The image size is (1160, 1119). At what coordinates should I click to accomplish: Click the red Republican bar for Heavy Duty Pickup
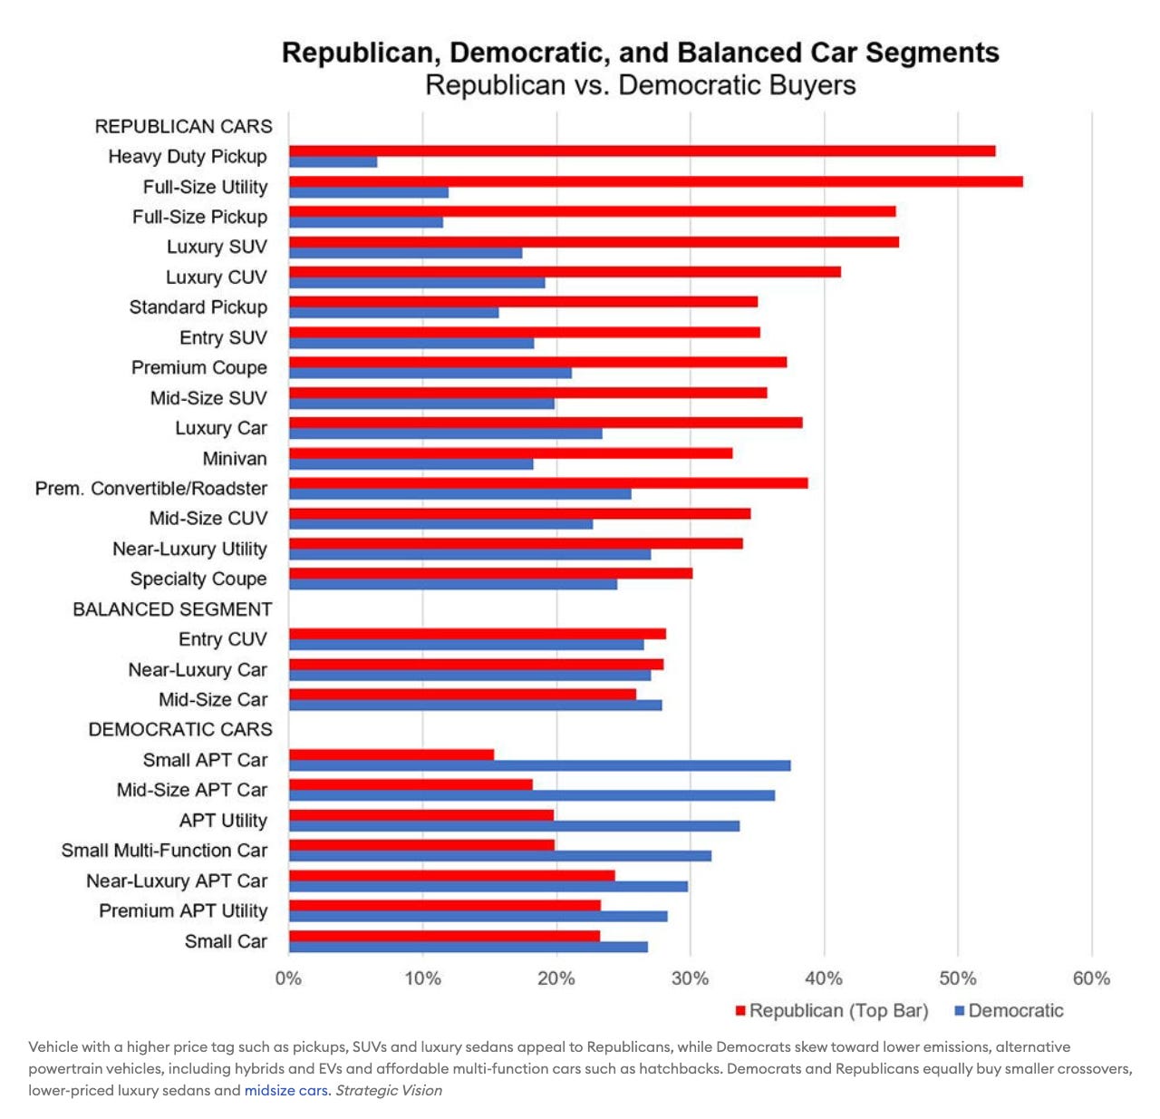642,151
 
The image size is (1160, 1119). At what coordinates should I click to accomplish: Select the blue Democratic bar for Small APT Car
539,765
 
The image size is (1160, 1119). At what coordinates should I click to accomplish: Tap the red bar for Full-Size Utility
655,181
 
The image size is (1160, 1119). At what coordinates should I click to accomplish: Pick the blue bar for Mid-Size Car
475,705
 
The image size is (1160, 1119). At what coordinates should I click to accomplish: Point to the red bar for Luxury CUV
565,271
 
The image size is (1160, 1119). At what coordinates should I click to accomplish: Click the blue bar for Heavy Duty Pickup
333,162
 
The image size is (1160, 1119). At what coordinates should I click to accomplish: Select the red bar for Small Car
444,936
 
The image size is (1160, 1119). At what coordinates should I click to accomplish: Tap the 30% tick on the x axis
690,978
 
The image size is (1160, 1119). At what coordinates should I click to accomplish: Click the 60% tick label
1091,978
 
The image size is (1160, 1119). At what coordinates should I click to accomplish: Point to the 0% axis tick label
288,978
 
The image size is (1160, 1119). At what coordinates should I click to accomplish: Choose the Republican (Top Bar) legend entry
832,1010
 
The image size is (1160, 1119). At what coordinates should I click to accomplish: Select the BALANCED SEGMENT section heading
172,609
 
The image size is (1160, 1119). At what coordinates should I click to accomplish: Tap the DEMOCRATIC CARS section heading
180,730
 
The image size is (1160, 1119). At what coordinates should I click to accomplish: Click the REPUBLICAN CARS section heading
183,126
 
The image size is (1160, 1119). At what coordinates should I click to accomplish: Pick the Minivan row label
235,459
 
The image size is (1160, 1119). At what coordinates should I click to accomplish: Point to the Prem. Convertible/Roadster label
151,489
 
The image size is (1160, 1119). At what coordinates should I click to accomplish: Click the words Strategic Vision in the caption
389,1090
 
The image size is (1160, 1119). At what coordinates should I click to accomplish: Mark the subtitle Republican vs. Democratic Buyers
641,85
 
